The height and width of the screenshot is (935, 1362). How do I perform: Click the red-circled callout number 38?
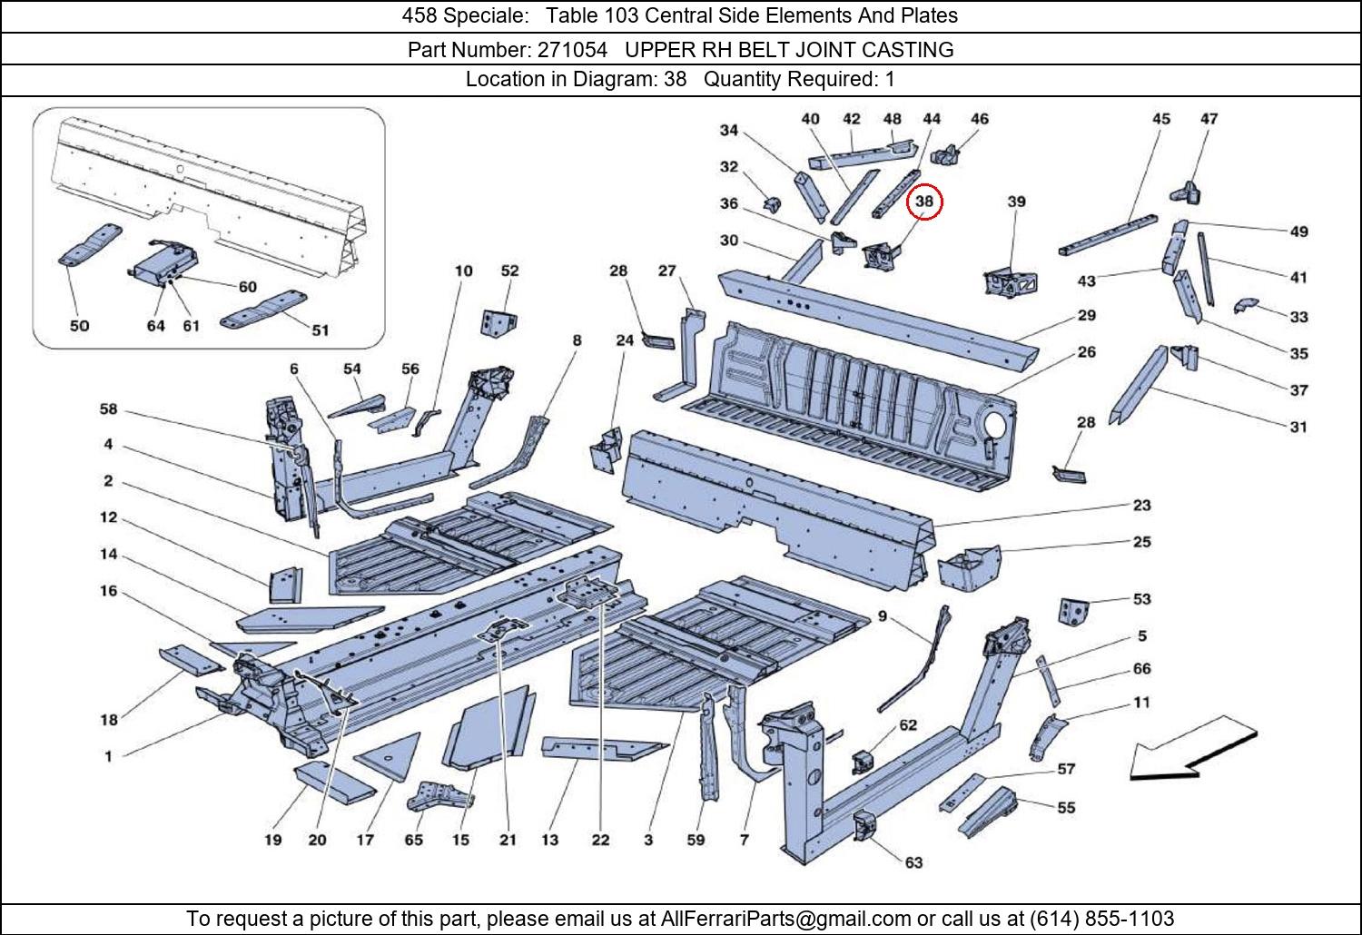(923, 202)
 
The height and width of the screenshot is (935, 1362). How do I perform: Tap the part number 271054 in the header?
(572, 50)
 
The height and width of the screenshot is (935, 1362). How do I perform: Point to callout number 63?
(913, 862)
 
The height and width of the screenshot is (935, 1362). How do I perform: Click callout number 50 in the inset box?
(79, 326)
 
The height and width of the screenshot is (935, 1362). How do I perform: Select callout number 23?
(1141, 505)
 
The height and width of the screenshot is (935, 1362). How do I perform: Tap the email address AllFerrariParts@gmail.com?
(785, 918)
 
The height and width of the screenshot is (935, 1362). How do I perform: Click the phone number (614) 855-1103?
(1101, 918)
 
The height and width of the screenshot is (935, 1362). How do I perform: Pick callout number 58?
(108, 409)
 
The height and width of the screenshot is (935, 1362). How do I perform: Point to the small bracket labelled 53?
(1073, 611)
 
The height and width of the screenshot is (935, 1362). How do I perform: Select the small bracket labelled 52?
(498, 322)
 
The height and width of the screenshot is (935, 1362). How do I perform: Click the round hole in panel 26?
(994, 425)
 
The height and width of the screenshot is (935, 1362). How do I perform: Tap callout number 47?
(1209, 119)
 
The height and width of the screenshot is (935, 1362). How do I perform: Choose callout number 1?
(108, 756)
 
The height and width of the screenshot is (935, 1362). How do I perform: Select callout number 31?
(1298, 427)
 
